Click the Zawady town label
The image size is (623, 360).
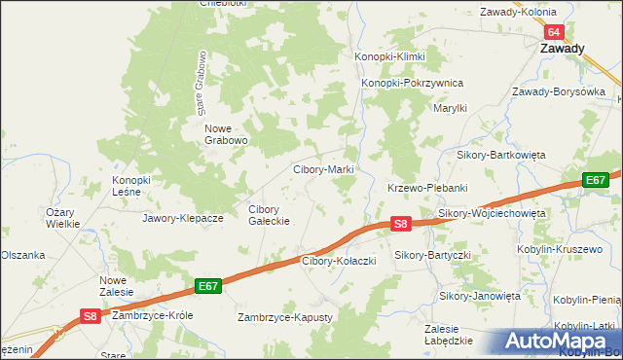coord(564,49)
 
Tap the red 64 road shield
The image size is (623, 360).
coord(553,32)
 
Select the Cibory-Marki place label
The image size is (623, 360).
coord(323,169)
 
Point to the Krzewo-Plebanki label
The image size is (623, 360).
coord(428,188)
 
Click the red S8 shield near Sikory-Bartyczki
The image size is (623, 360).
coord(400,224)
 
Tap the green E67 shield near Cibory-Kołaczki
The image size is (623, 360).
coord(207,286)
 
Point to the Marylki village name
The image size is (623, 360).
coord(452,109)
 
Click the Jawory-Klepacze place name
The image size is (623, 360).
coord(183,218)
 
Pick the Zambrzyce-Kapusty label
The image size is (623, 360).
coord(285,318)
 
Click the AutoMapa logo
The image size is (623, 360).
coord(562,342)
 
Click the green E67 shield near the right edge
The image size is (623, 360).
coord(596,180)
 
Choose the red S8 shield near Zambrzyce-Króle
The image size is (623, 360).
coord(90,315)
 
